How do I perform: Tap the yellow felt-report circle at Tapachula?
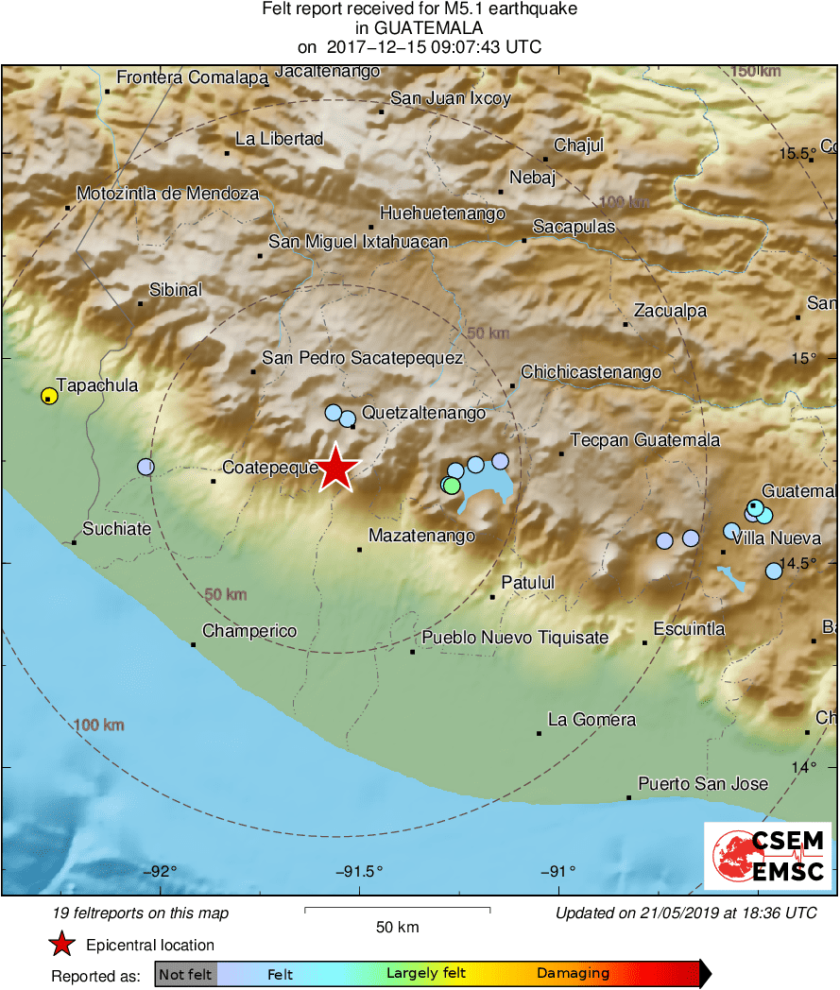tap(48, 396)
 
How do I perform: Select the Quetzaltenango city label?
tap(424, 413)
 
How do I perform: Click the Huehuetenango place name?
tap(442, 213)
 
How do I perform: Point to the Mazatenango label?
tap(421, 536)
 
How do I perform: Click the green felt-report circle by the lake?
tap(452, 485)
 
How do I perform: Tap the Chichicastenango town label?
tap(591, 372)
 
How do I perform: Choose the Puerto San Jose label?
tap(703, 783)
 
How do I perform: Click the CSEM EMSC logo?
tap(767, 856)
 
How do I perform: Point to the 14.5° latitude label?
tap(797, 563)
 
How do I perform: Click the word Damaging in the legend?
tap(574, 973)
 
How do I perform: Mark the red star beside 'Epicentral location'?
tap(61, 944)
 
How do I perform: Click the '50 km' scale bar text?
tap(397, 927)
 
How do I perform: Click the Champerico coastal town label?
tap(249, 631)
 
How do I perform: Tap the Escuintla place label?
tap(690, 628)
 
